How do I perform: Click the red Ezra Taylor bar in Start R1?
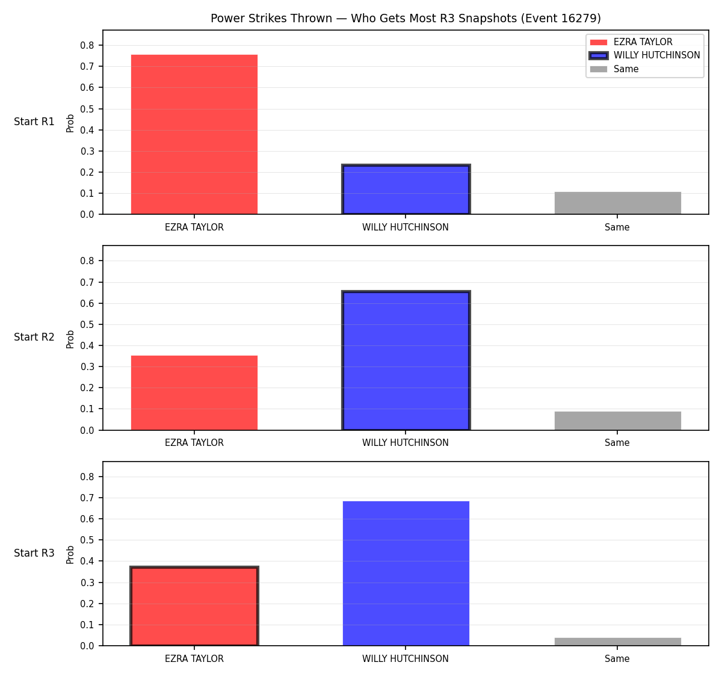[x=194, y=134]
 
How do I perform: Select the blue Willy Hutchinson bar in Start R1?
[x=406, y=189]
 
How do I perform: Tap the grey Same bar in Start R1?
[x=617, y=203]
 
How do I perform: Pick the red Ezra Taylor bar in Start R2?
[x=194, y=392]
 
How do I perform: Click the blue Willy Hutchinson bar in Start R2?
[x=406, y=360]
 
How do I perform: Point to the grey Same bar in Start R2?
[x=617, y=421]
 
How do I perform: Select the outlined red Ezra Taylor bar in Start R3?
[x=194, y=606]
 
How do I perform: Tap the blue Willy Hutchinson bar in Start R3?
[x=406, y=573]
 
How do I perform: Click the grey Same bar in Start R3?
[x=617, y=641]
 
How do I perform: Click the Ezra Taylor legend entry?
[x=631, y=42]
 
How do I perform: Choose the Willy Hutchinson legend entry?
[x=644, y=55]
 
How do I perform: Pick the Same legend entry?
[x=614, y=69]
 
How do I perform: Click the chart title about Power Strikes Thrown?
[x=406, y=18]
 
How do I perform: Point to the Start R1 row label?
[x=34, y=122]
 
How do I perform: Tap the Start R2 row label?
[x=34, y=337]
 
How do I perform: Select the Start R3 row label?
[x=34, y=553]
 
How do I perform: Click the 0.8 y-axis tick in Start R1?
[x=87, y=45]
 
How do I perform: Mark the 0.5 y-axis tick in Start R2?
[x=87, y=324]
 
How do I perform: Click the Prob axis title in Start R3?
[x=70, y=555]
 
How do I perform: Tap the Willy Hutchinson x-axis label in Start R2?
[x=406, y=443]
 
